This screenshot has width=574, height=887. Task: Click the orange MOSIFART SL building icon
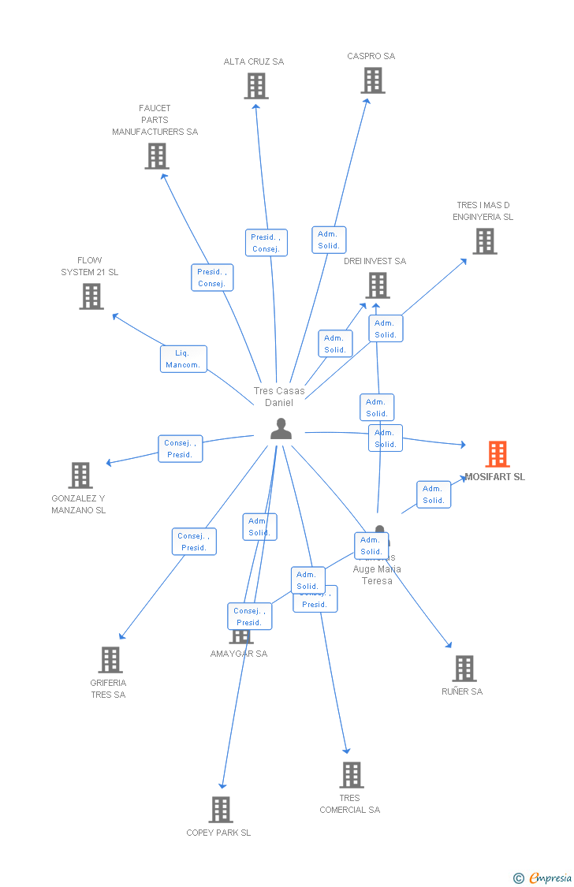[497, 454]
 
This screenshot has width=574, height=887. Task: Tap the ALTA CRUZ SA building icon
[256, 86]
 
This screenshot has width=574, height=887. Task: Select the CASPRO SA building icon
[373, 80]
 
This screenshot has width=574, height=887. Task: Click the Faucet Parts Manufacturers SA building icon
[157, 156]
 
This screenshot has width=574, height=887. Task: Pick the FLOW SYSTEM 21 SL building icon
[91, 296]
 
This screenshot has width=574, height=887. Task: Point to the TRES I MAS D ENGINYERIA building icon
[485, 241]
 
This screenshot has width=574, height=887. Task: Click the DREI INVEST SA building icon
[378, 285]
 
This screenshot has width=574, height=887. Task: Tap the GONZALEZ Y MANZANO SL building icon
[80, 475]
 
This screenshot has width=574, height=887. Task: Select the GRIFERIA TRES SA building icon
[110, 660]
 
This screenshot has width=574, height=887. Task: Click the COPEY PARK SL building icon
[221, 810]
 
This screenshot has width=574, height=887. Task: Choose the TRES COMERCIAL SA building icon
[352, 775]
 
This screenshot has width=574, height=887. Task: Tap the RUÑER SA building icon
[464, 669]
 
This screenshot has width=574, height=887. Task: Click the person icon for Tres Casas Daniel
[281, 429]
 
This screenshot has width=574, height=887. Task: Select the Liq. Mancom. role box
[184, 359]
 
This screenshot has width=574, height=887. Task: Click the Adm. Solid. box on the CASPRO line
[328, 240]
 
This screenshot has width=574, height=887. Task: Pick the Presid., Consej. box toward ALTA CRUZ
[266, 243]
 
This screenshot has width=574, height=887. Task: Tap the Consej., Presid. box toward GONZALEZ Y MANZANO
[180, 449]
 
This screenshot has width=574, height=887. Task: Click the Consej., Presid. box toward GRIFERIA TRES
[194, 542]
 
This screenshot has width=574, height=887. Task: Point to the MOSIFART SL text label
[494, 477]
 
